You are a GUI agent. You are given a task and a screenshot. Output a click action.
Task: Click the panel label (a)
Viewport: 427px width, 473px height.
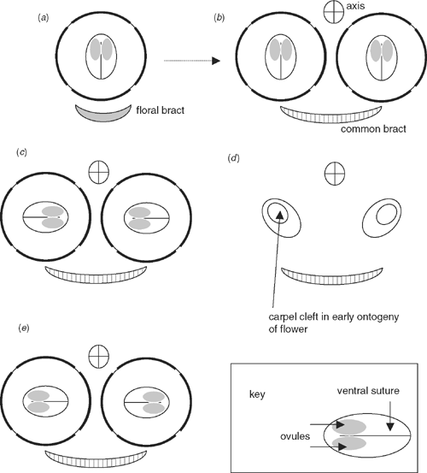pyautogui.click(x=43, y=18)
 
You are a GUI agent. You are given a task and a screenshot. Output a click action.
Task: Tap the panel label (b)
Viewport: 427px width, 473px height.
pyautogui.click(x=219, y=18)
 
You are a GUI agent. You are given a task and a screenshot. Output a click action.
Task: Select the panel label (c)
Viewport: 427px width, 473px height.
pyautogui.click(x=21, y=152)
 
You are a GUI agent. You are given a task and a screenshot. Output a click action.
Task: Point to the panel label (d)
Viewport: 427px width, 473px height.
pyautogui.click(x=234, y=157)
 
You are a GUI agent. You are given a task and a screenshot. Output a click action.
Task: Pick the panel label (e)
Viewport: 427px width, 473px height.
pyautogui.click(x=24, y=328)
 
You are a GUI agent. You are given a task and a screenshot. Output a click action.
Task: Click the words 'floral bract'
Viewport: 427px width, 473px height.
pyautogui.click(x=161, y=110)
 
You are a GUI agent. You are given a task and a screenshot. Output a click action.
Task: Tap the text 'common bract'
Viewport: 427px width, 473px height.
pyautogui.click(x=373, y=129)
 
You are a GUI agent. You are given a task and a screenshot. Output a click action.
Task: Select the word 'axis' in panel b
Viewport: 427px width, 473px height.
pyautogui.click(x=355, y=6)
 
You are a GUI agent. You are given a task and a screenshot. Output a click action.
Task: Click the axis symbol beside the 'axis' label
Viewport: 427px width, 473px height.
pyautogui.click(x=334, y=12)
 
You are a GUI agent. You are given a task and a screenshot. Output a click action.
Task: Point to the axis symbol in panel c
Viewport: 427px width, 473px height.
pyautogui.click(x=99, y=172)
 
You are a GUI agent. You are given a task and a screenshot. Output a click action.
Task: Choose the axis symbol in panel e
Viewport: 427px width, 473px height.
pyautogui.click(x=99, y=357)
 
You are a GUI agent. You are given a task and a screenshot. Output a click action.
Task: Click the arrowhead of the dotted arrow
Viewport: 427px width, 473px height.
pyautogui.click(x=216, y=61)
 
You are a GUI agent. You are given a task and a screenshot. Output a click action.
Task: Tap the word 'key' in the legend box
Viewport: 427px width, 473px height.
pyautogui.click(x=257, y=394)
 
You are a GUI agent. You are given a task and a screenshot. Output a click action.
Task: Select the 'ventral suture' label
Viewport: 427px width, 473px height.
pyautogui.click(x=368, y=391)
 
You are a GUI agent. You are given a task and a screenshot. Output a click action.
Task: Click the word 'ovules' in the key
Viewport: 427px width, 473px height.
pyautogui.click(x=295, y=436)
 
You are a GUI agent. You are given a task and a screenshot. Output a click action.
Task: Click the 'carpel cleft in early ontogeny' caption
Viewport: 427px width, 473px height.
pyautogui.click(x=334, y=317)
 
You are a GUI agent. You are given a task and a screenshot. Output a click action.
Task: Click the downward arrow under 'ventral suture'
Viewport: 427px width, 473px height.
pyautogui.click(x=390, y=416)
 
